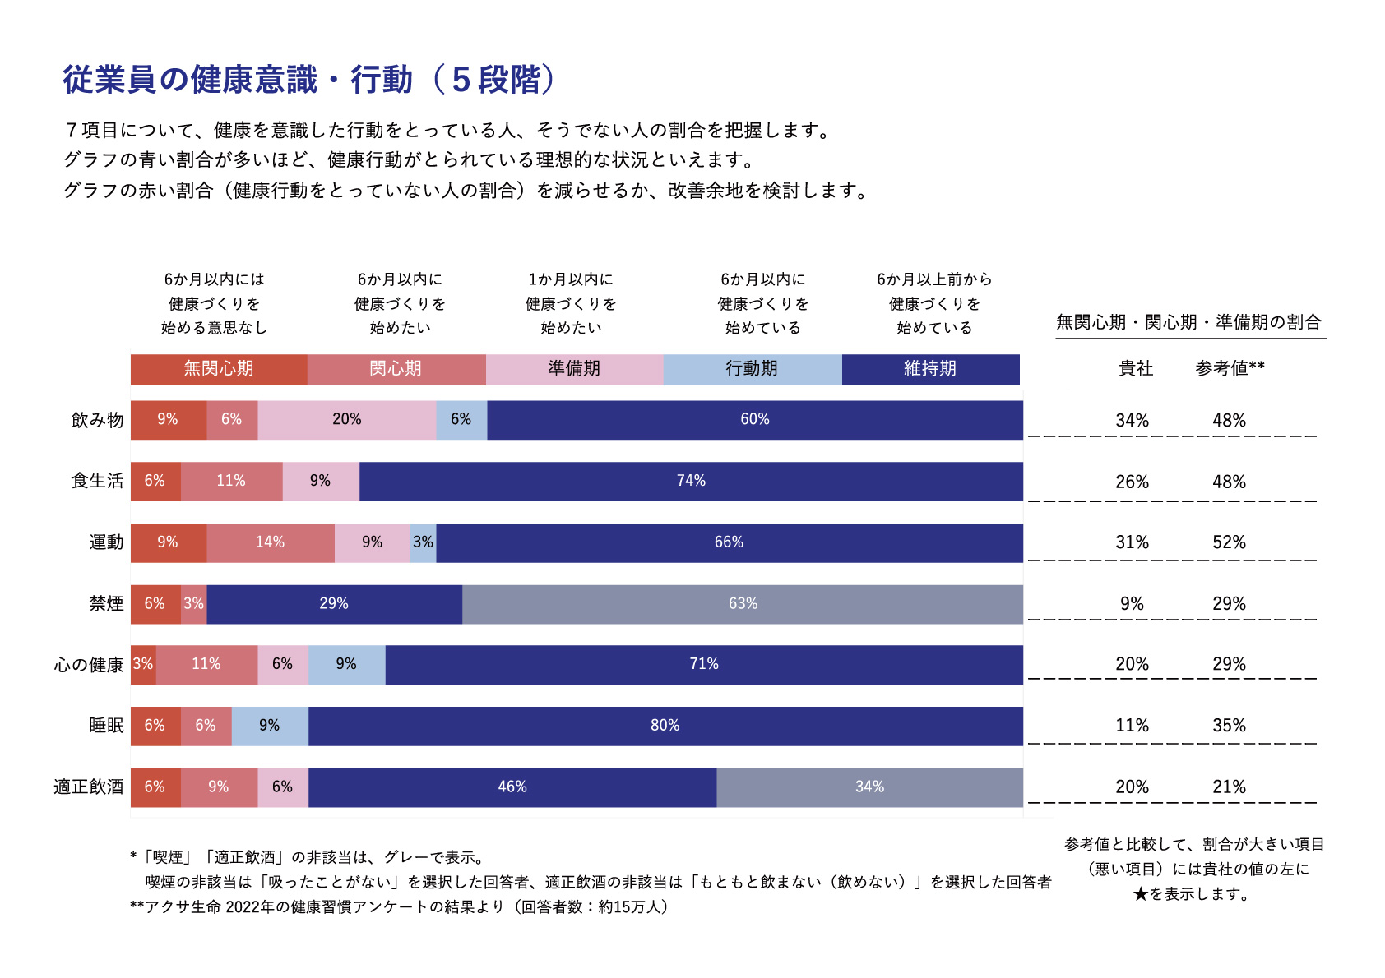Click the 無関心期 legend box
[x=219, y=369]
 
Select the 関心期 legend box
[x=396, y=369]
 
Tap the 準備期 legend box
[x=574, y=369]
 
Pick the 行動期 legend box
[x=752, y=369]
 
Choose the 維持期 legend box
[x=930, y=369]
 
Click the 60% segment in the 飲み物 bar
[x=754, y=420]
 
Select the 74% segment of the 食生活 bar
[x=691, y=482]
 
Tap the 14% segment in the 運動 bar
[x=270, y=542]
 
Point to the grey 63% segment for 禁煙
[x=743, y=604]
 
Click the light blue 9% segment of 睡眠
[x=270, y=726]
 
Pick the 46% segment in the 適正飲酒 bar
[x=512, y=787]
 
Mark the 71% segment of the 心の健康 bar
[x=704, y=664]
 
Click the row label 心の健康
[x=89, y=665]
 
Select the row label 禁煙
[x=106, y=604]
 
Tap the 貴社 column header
[x=1136, y=369]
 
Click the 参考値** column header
[x=1230, y=369]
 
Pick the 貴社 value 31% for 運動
[x=1132, y=542]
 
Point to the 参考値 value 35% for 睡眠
[x=1229, y=726]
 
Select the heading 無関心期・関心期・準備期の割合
[x=1188, y=323]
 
